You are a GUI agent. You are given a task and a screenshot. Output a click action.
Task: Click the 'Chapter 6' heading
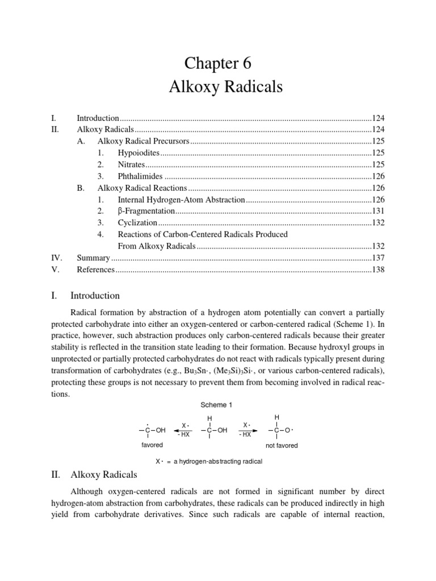[x=218, y=62]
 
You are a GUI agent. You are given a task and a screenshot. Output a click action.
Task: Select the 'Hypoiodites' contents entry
[x=139, y=153]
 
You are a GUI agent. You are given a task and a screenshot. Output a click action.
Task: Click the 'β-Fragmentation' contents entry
[x=146, y=211]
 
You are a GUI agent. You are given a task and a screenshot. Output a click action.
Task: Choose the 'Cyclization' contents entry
[x=137, y=223]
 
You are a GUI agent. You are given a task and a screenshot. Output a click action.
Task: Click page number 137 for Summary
[x=378, y=258]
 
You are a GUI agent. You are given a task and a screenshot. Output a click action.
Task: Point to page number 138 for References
[x=378, y=270]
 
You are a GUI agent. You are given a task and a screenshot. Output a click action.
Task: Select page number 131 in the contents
[x=378, y=211]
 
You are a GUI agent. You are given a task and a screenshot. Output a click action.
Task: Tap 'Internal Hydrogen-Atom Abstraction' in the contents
[x=181, y=200]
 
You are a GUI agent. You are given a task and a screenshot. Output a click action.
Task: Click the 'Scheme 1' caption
[x=217, y=405]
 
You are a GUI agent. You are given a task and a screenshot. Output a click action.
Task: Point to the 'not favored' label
[x=282, y=445]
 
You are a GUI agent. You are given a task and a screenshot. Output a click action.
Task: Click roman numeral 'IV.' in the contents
[x=56, y=258]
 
